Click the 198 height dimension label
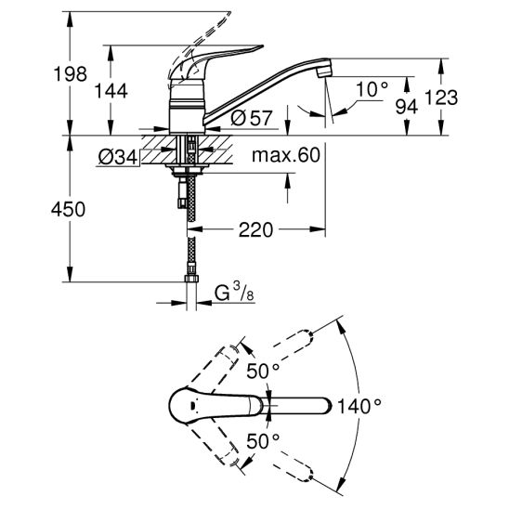click(x=70, y=74)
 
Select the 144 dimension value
click(x=111, y=91)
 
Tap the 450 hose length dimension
click(x=68, y=209)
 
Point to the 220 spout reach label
click(x=255, y=229)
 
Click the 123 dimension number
click(x=441, y=98)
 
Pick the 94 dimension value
click(x=407, y=107)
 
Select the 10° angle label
click(x=372, y=89)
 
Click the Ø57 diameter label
click(x=251, y=118)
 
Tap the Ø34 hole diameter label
click(x=118, y=158)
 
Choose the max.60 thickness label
click(x=286, y=155)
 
